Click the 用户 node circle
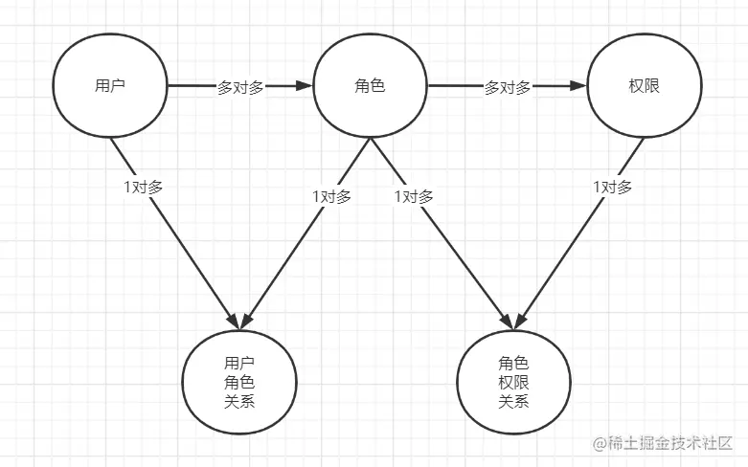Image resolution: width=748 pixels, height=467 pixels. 110,86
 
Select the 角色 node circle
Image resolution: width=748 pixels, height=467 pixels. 370,86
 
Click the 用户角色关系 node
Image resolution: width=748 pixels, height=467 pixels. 238,381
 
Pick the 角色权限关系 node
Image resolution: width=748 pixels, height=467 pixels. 513,381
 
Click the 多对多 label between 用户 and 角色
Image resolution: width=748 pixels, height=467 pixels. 239,87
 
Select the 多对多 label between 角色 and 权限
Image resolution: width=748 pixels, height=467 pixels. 507,87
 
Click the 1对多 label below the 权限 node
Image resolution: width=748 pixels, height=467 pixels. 613,187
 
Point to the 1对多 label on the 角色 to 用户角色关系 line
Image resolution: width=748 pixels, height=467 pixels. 331,196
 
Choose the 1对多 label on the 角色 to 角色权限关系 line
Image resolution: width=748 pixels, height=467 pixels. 414,196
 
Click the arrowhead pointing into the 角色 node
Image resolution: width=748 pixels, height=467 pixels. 305,86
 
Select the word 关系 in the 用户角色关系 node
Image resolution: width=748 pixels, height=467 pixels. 238,401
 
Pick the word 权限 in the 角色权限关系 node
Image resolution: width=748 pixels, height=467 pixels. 513,382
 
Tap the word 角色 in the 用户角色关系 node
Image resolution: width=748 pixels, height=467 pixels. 238,382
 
